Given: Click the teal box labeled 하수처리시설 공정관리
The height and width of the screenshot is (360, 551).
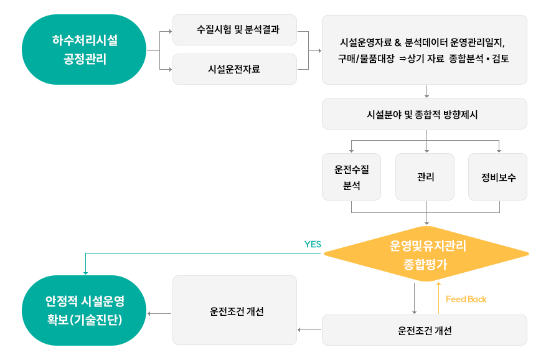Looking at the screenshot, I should pyautogui.click(x=84, y=50).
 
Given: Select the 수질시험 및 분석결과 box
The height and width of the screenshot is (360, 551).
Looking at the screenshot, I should pyautogui.click(x=234, y=30).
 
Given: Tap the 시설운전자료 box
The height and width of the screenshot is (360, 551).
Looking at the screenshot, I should pyautogui.click(x=234, y=69).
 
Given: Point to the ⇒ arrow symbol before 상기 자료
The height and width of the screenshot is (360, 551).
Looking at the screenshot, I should pyautogui.click(x=402, y=59).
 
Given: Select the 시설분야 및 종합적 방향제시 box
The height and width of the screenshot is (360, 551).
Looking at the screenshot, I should pyautogui.click(x=424, y=115).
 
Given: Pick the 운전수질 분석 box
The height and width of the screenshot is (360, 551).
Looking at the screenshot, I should pyautogui.click(x=351, y=177).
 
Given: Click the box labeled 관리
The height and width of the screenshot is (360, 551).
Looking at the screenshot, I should pyautogui.click(x=426, y=177).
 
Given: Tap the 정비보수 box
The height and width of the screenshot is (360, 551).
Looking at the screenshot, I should pyautogui.click(x=498, y=177).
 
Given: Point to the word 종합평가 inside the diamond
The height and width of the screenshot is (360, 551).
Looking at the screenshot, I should pyautogui.click(x=426, y=263).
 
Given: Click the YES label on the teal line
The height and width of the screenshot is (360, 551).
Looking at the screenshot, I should pyautogui.click(x=312, y=244).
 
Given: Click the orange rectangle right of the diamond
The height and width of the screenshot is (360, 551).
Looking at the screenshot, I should pyautogui.click(x=516, y=254).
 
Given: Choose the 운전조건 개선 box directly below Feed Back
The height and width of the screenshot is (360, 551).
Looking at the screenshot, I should pyautogui.click(x=424, y=331).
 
